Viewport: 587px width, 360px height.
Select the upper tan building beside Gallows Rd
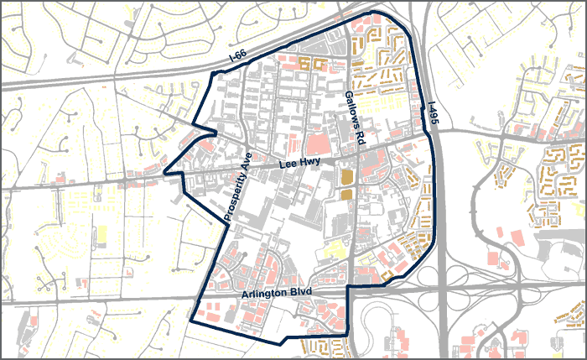(347, 176)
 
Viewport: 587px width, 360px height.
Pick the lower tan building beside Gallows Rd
(347, 195)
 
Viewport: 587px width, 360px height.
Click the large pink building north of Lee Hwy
(312, 143)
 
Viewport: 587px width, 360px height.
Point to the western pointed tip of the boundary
(164, 175)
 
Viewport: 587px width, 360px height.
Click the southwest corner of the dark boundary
(192, 321)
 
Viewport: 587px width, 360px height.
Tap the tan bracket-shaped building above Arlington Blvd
(387, 272)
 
